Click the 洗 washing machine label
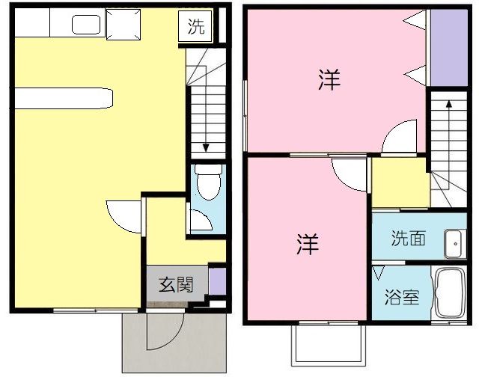click(195, 28)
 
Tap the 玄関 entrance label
click(176, 284)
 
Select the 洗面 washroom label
click(409, 239)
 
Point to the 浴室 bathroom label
click(401, 296)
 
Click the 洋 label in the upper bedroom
click(329, 81)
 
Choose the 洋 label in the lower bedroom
click(307, 244)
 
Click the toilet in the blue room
click(207, 180)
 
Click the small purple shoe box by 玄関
click(216, 283)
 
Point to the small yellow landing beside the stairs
click(400, 183)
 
